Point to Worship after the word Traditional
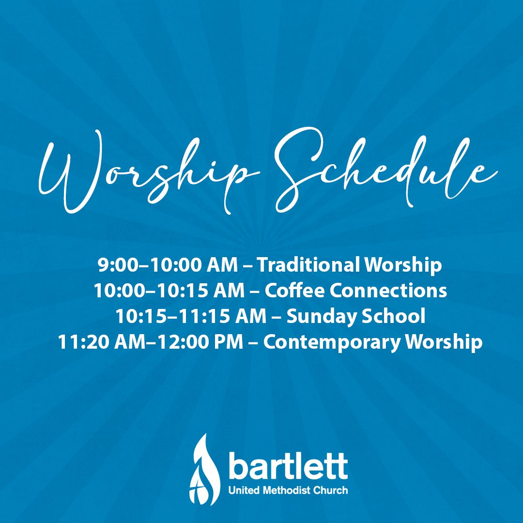[403, 265]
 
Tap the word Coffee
[295, 291]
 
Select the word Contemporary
[332, 342]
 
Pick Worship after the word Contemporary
[443, 342]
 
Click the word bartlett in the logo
[288, 466]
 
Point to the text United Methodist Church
[288, 490]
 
